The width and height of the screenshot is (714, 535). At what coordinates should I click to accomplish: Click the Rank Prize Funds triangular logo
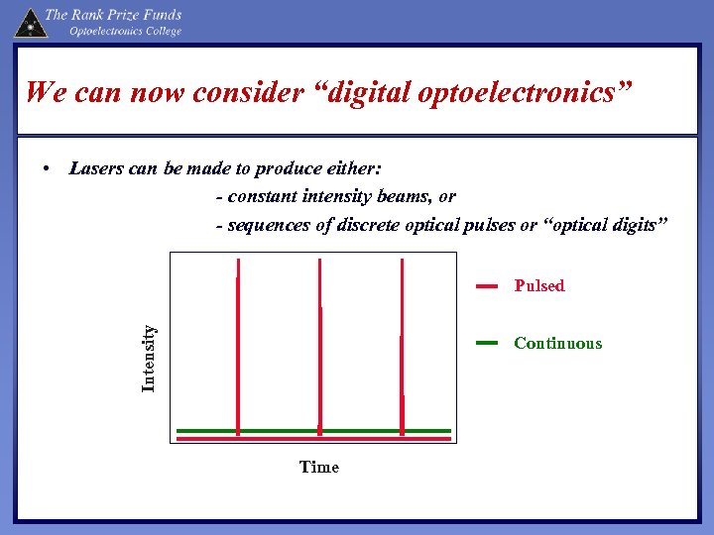31,22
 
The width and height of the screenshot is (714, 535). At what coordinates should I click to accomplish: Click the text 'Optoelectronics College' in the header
125,31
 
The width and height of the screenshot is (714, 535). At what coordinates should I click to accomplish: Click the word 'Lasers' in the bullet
97,168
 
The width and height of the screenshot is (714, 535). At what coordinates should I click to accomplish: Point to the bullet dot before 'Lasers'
48,168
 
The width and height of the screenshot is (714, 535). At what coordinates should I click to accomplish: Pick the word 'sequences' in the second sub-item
270,226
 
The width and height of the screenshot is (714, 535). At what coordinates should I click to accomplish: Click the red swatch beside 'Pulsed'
486,286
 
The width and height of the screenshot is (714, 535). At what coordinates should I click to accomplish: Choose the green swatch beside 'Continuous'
486,343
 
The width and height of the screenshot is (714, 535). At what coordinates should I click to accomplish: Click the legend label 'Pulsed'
538,286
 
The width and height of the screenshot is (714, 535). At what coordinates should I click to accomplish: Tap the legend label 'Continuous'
557,344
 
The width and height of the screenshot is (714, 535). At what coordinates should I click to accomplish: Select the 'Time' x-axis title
318,467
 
